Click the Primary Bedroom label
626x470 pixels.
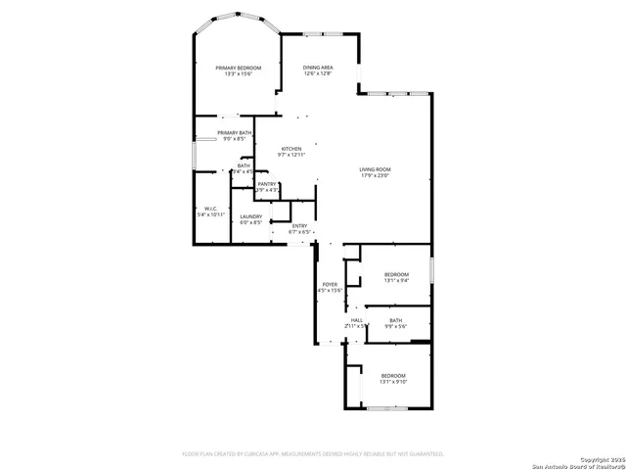240,68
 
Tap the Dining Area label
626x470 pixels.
318,68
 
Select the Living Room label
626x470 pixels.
375,169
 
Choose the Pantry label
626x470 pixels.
266,183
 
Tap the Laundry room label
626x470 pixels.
251,216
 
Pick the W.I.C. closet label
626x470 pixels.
211,208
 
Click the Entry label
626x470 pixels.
300,226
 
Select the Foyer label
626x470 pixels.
330,284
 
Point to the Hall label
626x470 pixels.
357,320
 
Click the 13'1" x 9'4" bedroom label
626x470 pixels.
395,273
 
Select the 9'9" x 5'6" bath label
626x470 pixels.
395,320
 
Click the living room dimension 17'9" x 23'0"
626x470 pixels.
375,175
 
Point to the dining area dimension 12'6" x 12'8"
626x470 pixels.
318,73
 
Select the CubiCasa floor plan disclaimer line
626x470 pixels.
313,453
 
